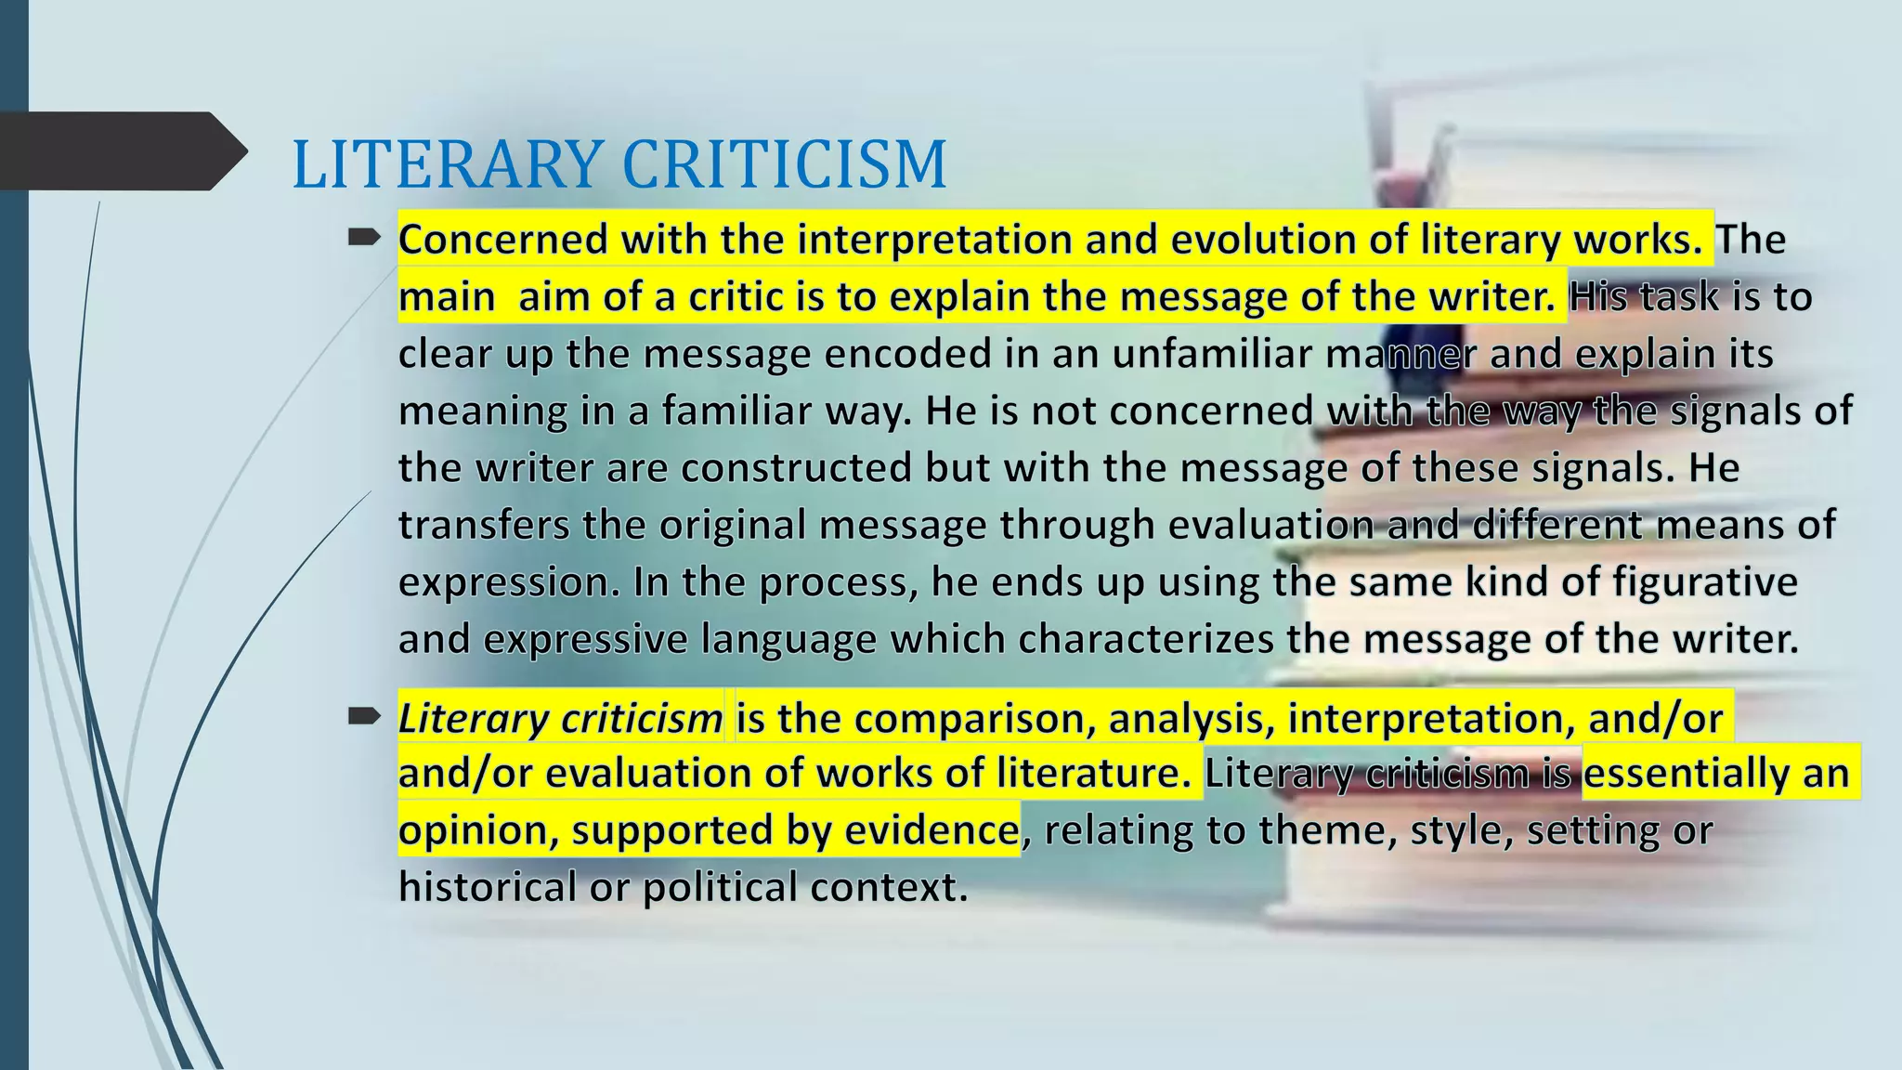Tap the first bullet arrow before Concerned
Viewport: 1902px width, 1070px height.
[x=364, y=239]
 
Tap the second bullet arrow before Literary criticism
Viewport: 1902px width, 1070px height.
[x=364, y=716]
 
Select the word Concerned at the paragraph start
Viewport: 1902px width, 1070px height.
[x=502, y=240]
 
